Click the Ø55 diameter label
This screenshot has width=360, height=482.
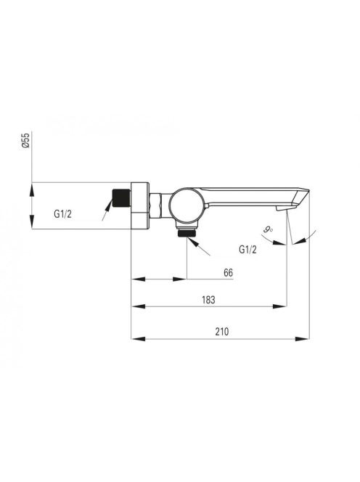[26, 141]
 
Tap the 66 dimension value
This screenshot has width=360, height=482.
[228, 272]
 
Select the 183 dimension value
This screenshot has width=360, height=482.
[208, 300]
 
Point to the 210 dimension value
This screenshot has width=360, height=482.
[222, 332]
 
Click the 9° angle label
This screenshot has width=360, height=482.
[269, 229]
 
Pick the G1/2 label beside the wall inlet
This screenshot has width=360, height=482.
[62, 213]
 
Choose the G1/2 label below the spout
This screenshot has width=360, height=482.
[247, 249]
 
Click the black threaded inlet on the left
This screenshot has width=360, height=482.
[121, 198]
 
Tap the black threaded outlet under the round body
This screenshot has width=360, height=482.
[187, 233]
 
